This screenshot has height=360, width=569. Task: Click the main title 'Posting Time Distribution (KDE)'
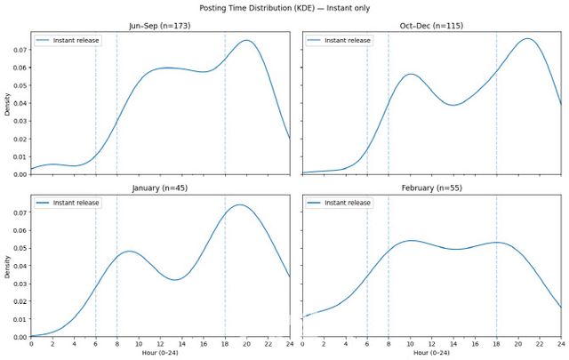(x=284, y=8)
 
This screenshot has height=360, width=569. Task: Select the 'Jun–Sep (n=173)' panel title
(x=161, y=26)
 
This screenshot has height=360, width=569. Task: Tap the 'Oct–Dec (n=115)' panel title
(x=432, y=26)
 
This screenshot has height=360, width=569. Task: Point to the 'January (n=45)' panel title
(x=161, y=188)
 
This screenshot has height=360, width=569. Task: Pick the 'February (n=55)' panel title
(x=432, y=188)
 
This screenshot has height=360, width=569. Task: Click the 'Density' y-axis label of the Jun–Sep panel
(x=7, y=102)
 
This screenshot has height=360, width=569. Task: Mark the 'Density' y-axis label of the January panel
(x=7, y=265)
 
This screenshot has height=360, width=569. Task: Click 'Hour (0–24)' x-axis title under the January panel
(x=161, y=353)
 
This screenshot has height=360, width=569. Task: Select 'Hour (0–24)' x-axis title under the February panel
(x=432, y=353)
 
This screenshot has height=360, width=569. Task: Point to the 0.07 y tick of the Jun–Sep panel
(x=19, y=51)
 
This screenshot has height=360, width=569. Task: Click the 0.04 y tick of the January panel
(x=19, y=266)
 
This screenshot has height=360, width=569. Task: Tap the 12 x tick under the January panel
(x=161, y=343)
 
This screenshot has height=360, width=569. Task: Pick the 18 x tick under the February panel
(x=496, y=343)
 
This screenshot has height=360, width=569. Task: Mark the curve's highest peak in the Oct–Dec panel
(x=527, y=38)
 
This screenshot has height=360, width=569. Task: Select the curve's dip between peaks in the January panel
(x=176, y=280)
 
